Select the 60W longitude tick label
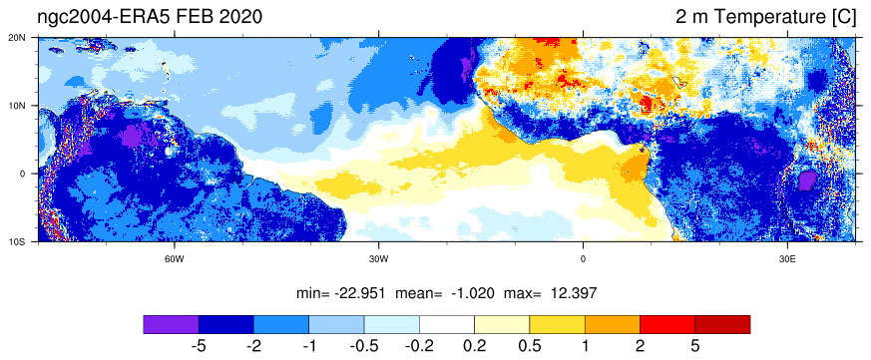coord(175,258)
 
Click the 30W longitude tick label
coord(378,258)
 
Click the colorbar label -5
coord(199,346)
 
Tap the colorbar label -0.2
coord(419,346)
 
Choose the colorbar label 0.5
coord(529,346)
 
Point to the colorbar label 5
coord(695,346)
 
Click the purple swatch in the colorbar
coord(171,324)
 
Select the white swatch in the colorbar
coord(447,324)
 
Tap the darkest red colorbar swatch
coord(722,324)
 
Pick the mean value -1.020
coord(471,293)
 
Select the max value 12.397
coord(575,293)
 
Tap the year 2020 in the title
coord(240,17)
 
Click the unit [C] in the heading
coord(844,17)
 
